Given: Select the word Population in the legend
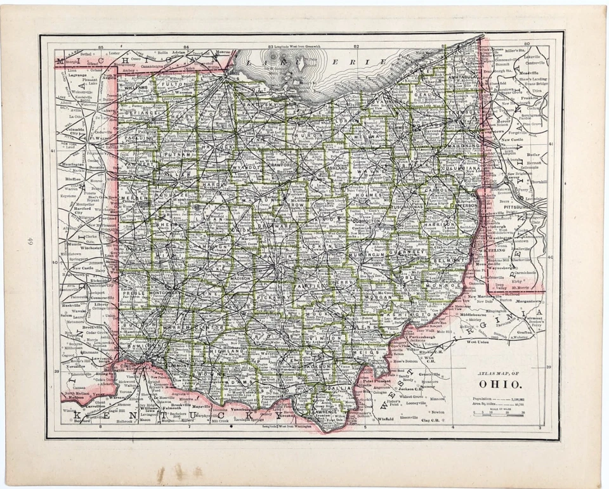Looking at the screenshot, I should click(x=485, y=396).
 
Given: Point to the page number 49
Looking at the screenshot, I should click(x=30, y=243).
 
